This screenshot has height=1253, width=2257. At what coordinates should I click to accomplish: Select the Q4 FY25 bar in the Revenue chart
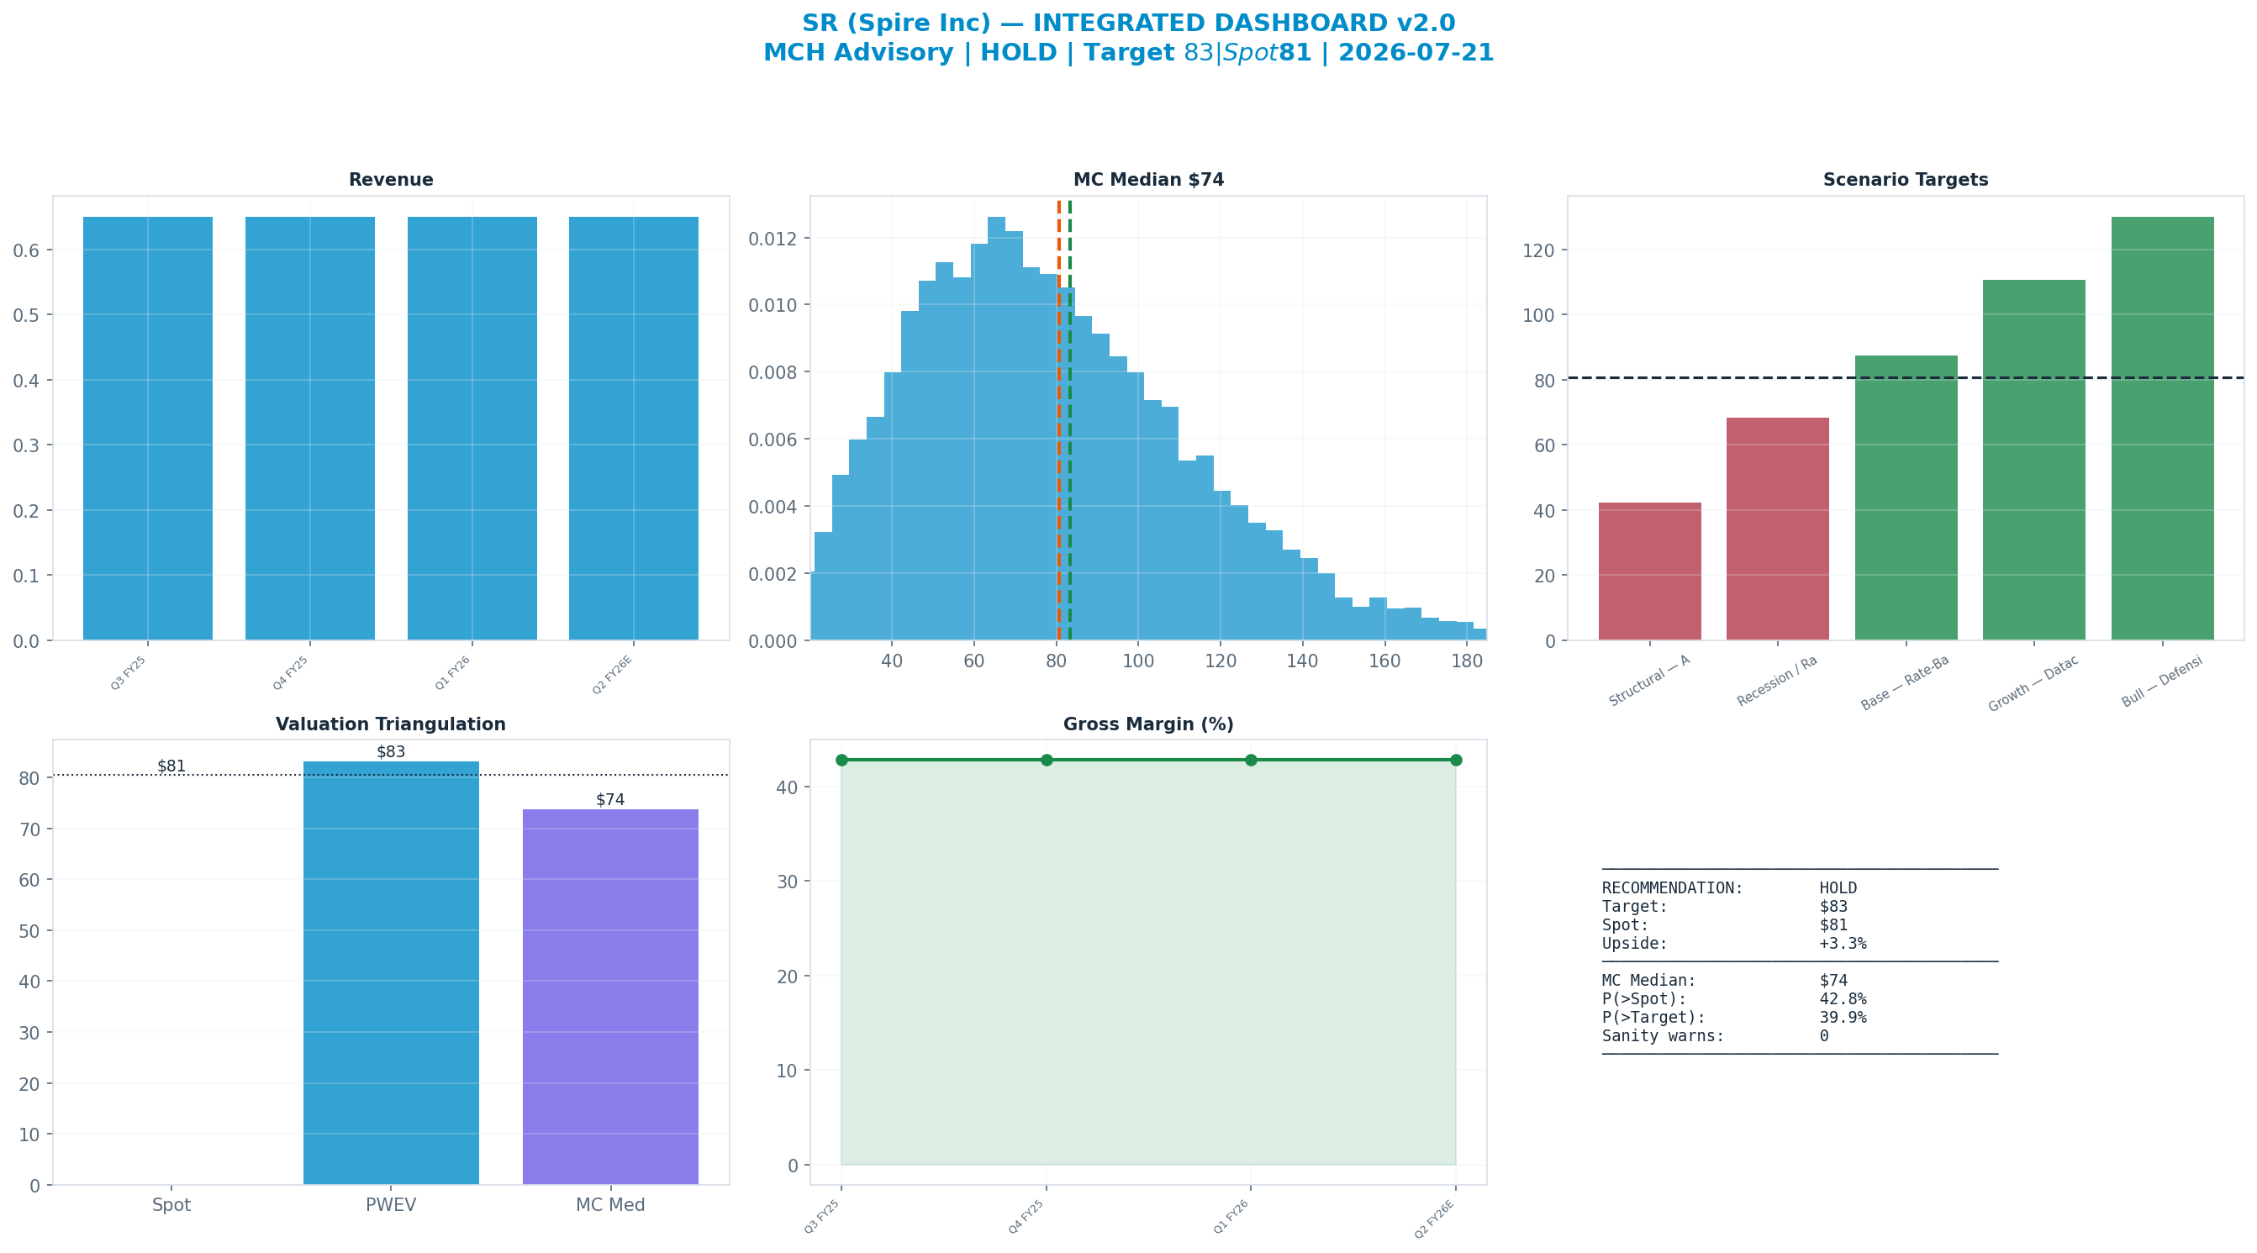(310, 429)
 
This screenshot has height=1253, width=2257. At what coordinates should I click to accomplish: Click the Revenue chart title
(391, 180)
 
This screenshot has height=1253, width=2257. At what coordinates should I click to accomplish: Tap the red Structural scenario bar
(1650, 571)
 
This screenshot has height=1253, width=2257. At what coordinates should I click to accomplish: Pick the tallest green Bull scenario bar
(2162, 429)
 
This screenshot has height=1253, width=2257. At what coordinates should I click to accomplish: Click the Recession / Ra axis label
(1777, 681)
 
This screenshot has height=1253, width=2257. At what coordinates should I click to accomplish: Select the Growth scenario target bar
(2033, 460)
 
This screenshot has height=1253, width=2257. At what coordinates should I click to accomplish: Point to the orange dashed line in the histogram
(1058, 420)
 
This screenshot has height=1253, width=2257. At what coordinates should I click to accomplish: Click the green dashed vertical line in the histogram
(1070, 420)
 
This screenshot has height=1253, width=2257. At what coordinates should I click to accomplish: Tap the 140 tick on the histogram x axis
(1302, 661)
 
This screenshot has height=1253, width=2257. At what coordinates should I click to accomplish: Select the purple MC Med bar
(610, 997)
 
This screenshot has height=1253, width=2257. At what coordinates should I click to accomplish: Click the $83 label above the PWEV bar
(391, 752)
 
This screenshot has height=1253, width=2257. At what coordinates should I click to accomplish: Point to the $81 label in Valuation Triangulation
(171, 766)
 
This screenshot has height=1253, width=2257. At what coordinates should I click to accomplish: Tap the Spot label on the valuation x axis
(171, 1205)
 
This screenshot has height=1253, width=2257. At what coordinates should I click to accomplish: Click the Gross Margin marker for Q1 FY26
(1251, 760)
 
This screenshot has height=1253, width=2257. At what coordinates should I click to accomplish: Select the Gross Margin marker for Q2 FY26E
(1456, 760)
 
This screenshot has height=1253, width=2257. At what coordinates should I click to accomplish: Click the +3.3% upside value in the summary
(1843, 944)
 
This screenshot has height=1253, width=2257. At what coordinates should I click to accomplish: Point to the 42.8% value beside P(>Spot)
(1843, 999)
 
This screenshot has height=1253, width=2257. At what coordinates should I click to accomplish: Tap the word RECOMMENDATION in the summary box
(1673, 887)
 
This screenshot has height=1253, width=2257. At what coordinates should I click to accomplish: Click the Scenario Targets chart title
(1906, 180)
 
